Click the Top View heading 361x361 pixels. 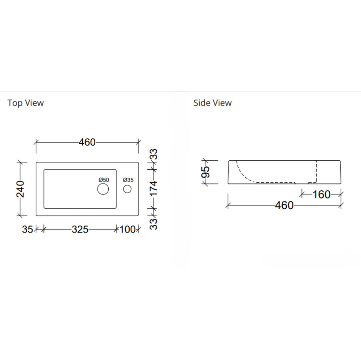[x=26, y=103]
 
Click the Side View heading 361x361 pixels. [x=212, y=103]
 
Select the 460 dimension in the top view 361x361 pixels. [x=87, y=142]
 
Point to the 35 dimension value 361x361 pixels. [x=27, y=229]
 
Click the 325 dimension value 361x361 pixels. [x=80, y=229]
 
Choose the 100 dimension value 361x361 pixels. [x=127, y=229]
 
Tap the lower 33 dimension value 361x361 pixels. [x=154, y=223]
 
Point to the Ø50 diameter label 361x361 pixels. [x=103, y=180]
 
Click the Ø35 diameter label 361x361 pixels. [x=128, y=180]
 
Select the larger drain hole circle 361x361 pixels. [x=103, y=189]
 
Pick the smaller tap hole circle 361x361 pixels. [x=127, y=189]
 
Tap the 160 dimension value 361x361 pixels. [x=321, y=195]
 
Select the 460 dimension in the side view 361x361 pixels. [x=284, y=205]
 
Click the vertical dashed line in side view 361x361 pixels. [x=317, y=171]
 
